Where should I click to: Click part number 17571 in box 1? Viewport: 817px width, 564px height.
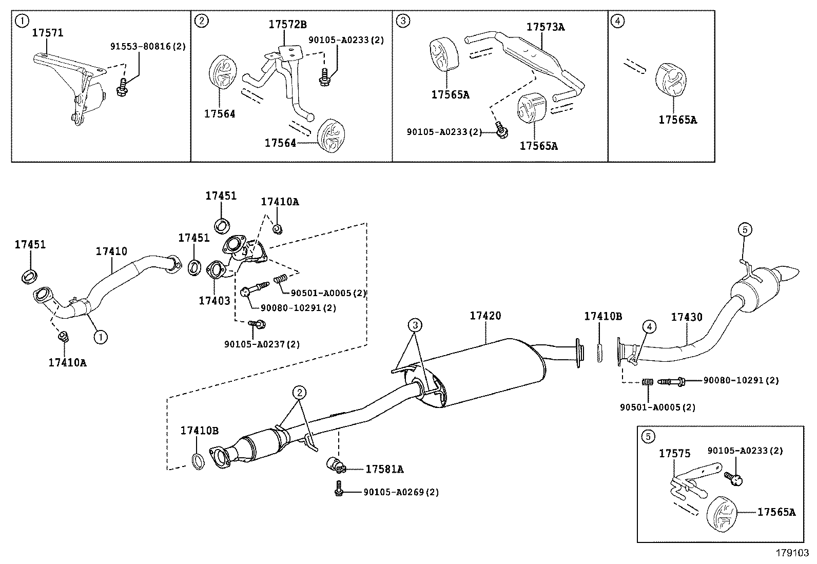pyautogui.click(x=48, y=33)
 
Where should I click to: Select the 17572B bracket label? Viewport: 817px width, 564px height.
pyautogui.click(x=288, y=24)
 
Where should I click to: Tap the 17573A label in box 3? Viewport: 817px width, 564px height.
pyautogui.click(x=545, y=27)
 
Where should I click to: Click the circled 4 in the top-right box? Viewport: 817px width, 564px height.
pyautogui.click(x=618, y=21)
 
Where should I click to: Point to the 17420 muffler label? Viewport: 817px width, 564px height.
pyautogui.click(x=485, y=316)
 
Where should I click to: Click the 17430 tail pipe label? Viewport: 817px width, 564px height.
pyautogui.click(x=687, y=318)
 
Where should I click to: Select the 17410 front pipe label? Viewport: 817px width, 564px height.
pyautogui.click(x=111, y=251)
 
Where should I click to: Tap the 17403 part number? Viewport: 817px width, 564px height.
pyautogui.click(x=215, y=301)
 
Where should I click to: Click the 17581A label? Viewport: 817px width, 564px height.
pyautogui.click(x=384, y=469)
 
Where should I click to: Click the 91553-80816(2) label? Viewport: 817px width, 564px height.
pyautogui.click(x=148, y=46)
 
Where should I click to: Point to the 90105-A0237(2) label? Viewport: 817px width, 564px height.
pyautogui.click(x=262, y=344)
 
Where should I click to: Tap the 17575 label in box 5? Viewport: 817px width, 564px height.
pyautogui.click(x=674, y=454)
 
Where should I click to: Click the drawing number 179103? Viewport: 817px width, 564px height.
pyautogui.click(x=792, y=553)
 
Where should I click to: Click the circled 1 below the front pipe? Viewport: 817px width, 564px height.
pyautogui.click(x=101, y=337)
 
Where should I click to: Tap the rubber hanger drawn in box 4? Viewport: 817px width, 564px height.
pyautogui.click(x=671, y=81)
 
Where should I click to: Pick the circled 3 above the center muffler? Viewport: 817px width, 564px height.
pyautogui.click(x=415, y=325)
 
